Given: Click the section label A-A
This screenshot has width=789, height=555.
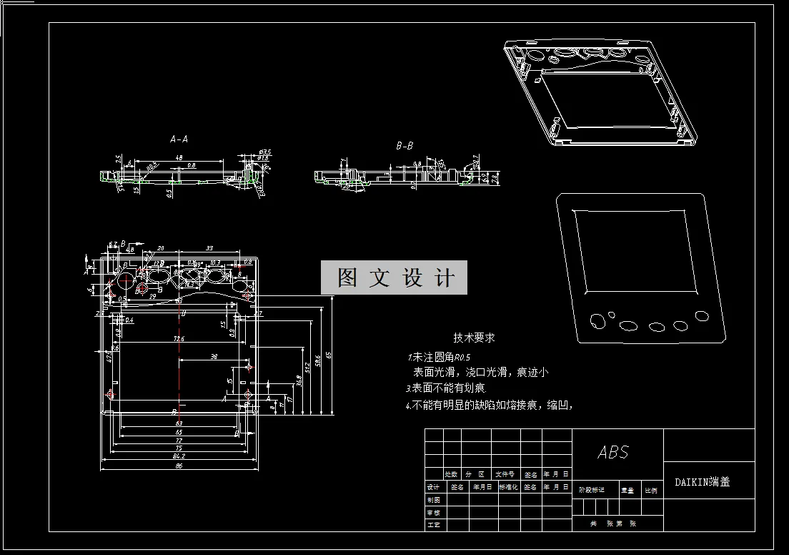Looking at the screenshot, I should coord(179,139).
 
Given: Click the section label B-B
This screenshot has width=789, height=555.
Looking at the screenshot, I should coord(405,146).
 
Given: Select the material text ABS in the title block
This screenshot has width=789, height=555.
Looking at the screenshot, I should coord(613,452).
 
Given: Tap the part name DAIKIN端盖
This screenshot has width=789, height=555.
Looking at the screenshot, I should coord(703,482).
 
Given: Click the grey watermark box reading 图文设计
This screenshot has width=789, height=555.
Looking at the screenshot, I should coord(394,277).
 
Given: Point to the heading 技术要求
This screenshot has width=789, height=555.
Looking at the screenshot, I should coord(474,338).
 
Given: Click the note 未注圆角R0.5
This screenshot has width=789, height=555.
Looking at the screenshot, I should coord(440,356).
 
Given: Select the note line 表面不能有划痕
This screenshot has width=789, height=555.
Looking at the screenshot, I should coord(447,388).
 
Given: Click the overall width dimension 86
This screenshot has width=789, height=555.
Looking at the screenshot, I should coord(179,466).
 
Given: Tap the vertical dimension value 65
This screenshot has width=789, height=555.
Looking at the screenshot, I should coord(329,355).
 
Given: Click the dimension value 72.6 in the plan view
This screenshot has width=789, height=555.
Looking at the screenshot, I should coord(179,338).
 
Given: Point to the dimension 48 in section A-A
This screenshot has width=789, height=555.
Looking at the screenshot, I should coord(179,157).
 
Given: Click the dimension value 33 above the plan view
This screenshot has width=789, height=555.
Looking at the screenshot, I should coord(209,249).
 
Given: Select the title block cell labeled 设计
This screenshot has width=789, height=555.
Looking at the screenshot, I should coord(433,487).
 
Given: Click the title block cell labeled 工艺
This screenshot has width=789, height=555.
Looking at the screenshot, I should coord(433,525).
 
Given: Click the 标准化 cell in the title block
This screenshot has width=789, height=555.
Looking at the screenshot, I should coord(508,487).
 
